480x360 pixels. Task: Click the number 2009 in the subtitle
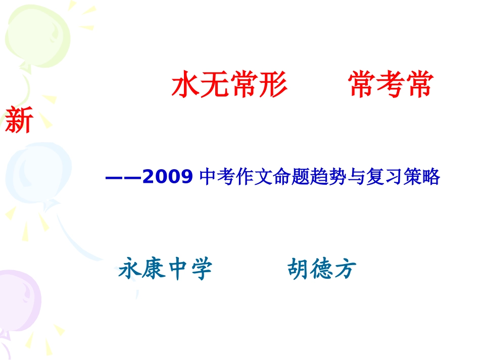coord(168,177)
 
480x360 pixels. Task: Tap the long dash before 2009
coord(123,177)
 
